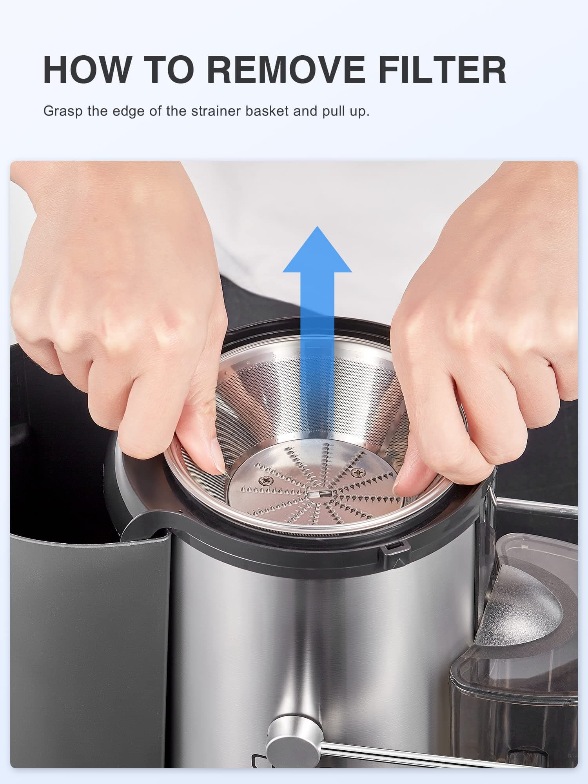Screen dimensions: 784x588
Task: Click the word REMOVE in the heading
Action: [x=286, y=70]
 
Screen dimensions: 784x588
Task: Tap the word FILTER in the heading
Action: [x=442, y=70]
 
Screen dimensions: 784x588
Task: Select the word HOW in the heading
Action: [x=87, y=70]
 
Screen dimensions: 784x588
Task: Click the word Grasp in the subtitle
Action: [x=63, y=111]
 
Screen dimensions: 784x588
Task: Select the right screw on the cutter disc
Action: [x=357, y=472]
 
